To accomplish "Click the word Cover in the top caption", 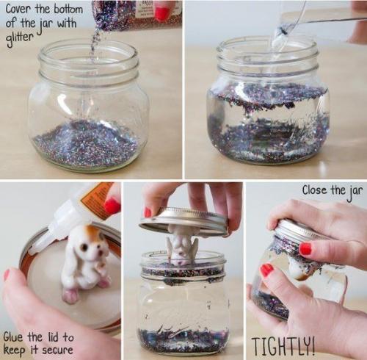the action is [x=19, y=10].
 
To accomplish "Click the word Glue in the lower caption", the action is [x=14, y=337].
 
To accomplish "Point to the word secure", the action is [x=57, y=350].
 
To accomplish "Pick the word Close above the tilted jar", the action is [x=314, y=190].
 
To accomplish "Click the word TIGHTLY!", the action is [x=283, y=345].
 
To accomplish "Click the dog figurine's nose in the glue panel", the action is [x=99, y=252].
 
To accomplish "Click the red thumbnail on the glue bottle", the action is [x=112, y=206].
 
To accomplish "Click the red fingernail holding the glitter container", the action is [x=162, y=14].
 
